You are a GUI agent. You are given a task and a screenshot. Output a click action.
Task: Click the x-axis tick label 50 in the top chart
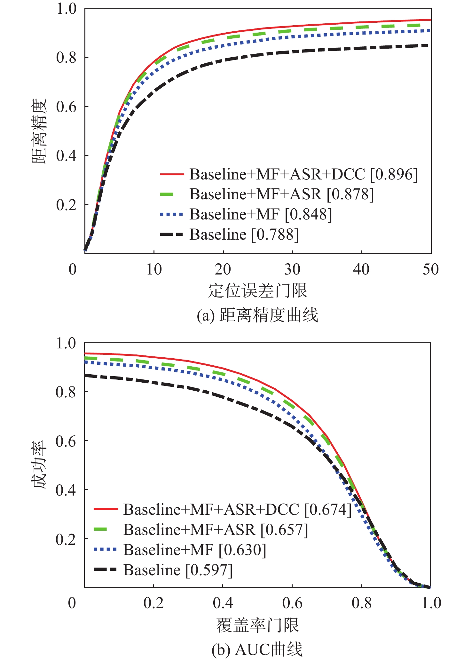coord(430,270)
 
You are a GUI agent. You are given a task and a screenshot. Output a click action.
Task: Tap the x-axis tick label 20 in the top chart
coord(223,270)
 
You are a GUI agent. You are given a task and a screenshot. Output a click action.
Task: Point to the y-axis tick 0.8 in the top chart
coord(67,58)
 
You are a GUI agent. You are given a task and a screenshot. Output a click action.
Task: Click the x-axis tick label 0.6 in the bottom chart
coord(292,603)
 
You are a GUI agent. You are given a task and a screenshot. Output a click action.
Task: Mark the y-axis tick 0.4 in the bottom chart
coord(66,490)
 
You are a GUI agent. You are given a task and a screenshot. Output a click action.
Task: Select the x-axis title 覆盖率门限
coord(258,625)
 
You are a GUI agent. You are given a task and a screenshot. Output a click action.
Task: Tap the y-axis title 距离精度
coord(39,131)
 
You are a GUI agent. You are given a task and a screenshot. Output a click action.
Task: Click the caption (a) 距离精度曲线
coord(258,315)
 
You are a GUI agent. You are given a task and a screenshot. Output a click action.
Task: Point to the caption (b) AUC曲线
coord(258,649)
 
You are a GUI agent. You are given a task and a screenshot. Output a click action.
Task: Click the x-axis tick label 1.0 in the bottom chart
coord(431,603)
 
